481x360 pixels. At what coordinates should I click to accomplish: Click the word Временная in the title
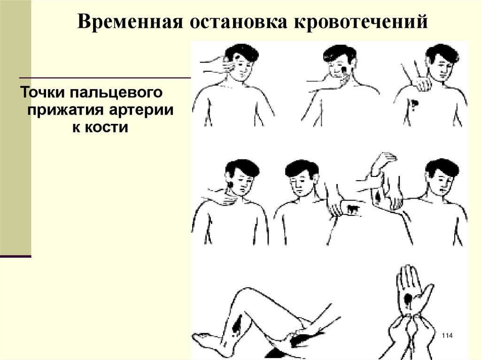130,22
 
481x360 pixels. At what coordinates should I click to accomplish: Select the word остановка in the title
238,22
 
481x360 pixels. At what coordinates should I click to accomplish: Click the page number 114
447,336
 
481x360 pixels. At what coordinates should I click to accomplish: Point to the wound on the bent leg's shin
236,326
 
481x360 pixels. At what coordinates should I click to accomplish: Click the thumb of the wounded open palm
427,293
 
